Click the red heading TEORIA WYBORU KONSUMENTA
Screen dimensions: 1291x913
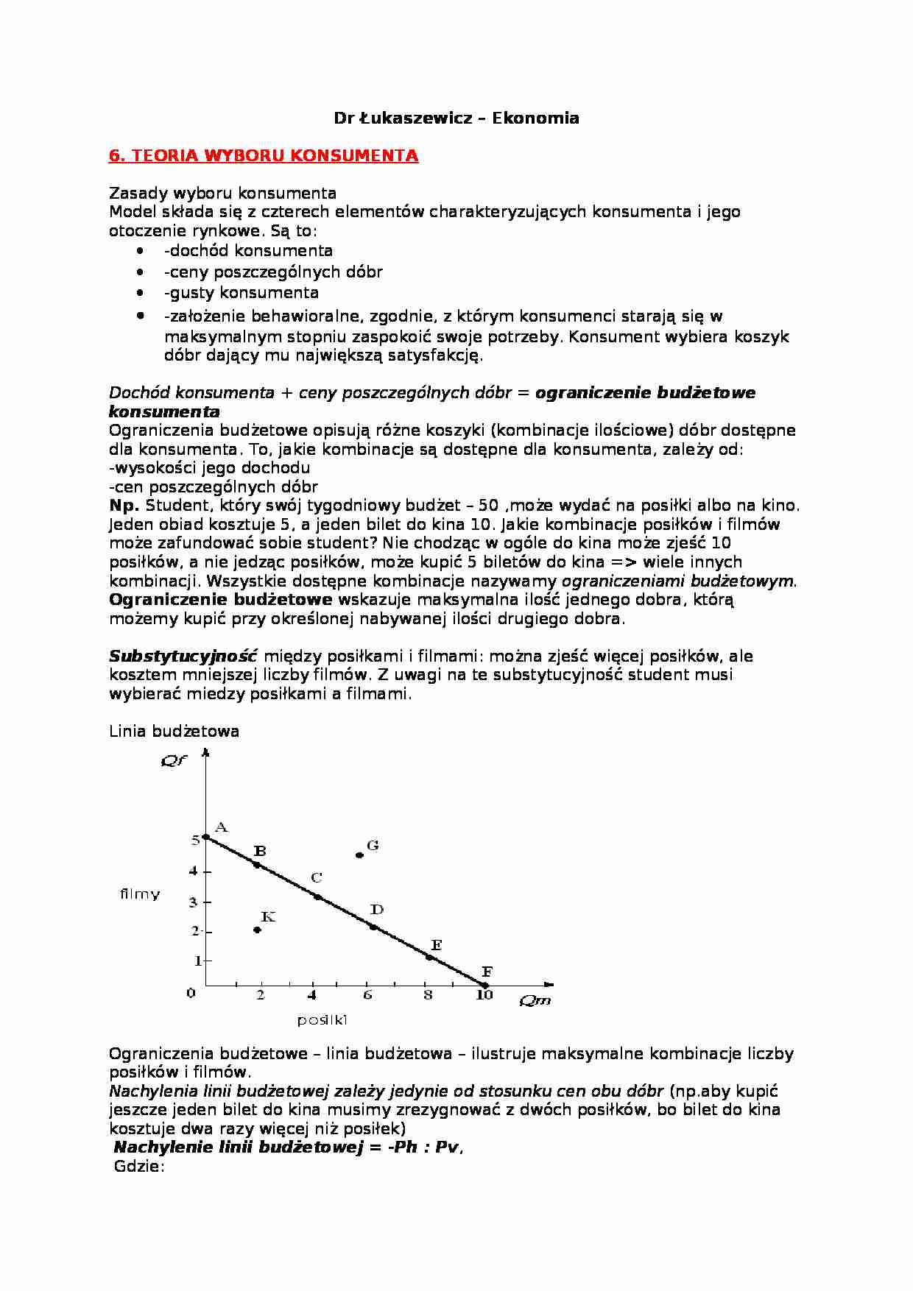coord(264,156)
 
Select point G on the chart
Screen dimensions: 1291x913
coord(359,855)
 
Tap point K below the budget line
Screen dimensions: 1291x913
coord(257,930)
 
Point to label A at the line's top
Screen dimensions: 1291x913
coord(219,827)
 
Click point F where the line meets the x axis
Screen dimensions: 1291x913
coord(484,984)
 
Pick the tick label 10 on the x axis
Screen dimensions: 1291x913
coord(484,995)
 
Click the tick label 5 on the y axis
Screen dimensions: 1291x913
coord(196,839)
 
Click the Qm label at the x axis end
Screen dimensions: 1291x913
coord(535,1000)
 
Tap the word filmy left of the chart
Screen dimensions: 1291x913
coord(140,894)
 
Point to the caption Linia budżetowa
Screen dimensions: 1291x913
coord(174,731)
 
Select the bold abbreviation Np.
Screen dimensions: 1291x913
coord(124,506)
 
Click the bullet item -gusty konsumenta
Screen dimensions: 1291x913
coord(242,292)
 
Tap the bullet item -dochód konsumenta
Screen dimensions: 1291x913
coord(248,250)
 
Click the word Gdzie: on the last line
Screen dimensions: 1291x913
coord(138,1167)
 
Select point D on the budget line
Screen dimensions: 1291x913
coord(373,927)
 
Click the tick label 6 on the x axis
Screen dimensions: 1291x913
coord(367,995)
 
